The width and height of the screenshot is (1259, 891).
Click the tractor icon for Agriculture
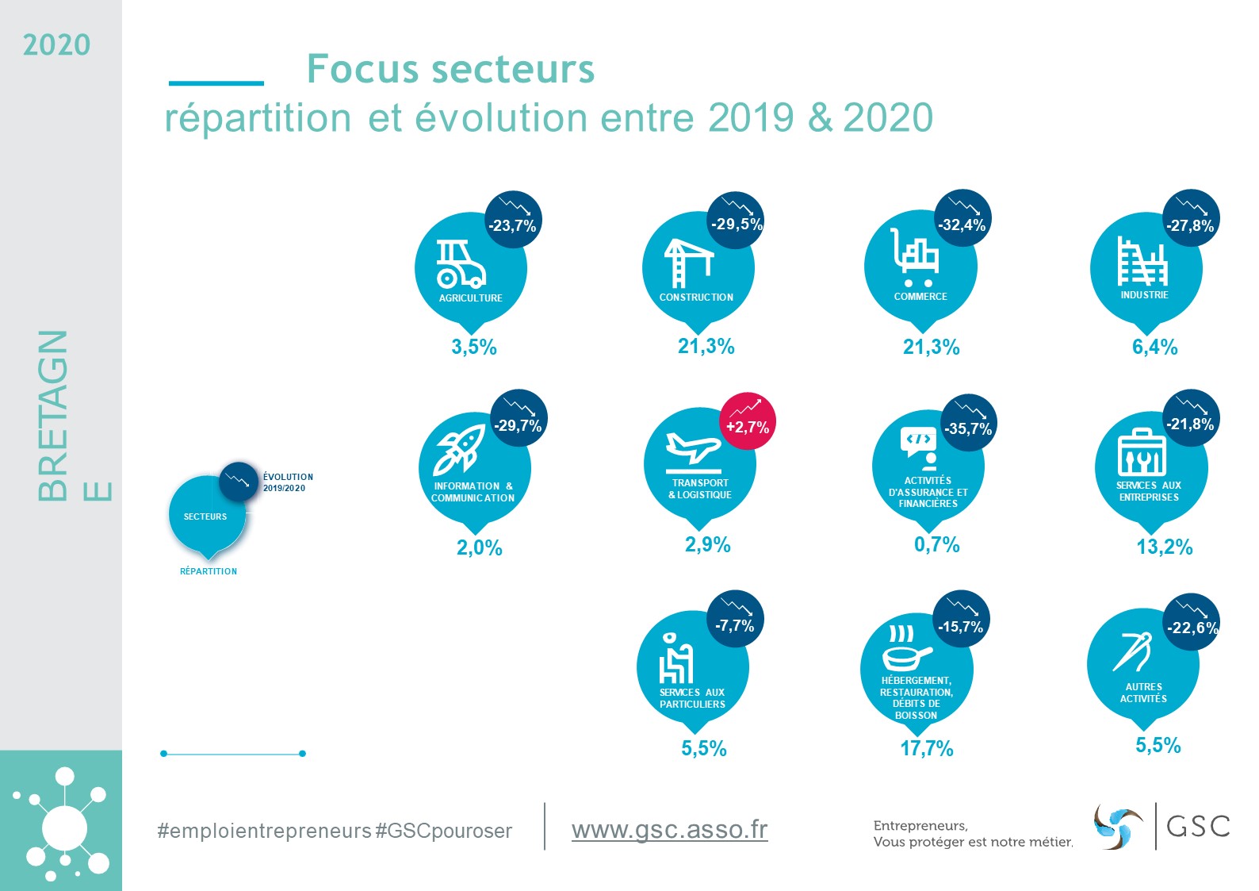460,264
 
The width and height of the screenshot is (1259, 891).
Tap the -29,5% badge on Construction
736,224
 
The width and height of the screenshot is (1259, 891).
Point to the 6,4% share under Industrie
1154,347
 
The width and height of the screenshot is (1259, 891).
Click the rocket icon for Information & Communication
460,451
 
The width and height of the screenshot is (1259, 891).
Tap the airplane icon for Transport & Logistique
693,448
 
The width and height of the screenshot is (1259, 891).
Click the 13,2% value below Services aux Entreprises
1164,547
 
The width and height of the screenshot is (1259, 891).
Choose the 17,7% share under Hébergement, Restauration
926,748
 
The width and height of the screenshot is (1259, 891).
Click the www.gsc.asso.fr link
669,830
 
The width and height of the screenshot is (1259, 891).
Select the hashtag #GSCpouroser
444,831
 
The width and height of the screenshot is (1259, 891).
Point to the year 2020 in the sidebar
56,45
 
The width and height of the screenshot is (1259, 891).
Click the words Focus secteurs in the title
450,69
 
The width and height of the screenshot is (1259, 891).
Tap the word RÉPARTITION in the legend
209,571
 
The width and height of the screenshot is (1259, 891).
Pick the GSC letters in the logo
1198,826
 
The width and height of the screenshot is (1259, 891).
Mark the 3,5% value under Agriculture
473,347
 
